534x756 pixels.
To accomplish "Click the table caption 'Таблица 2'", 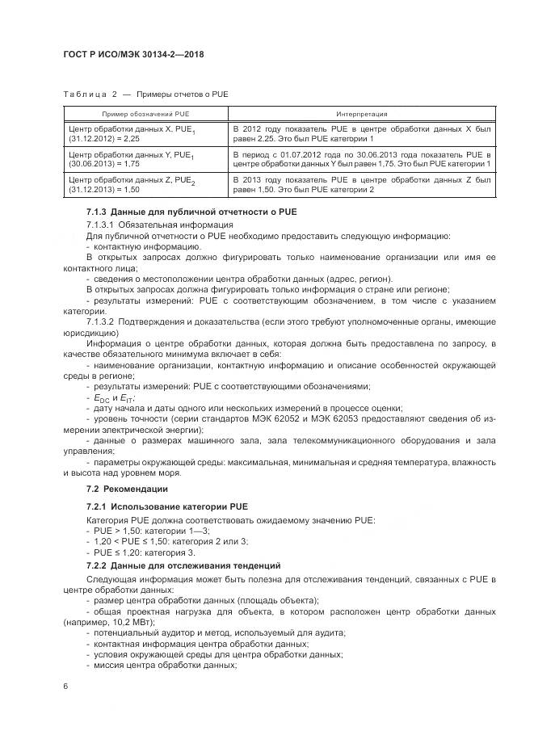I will pos(84,94).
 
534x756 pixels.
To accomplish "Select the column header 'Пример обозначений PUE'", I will pos(145,114).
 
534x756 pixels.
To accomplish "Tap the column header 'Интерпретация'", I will pos(361,114).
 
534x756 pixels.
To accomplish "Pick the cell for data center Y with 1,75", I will pos(145,158).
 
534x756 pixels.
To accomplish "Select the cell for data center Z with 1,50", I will pos(145,184).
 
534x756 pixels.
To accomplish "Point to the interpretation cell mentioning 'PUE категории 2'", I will pos(361,184).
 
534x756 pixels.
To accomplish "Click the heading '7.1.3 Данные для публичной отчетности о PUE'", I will pos(191,211).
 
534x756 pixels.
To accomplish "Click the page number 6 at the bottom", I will pos(66,686).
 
